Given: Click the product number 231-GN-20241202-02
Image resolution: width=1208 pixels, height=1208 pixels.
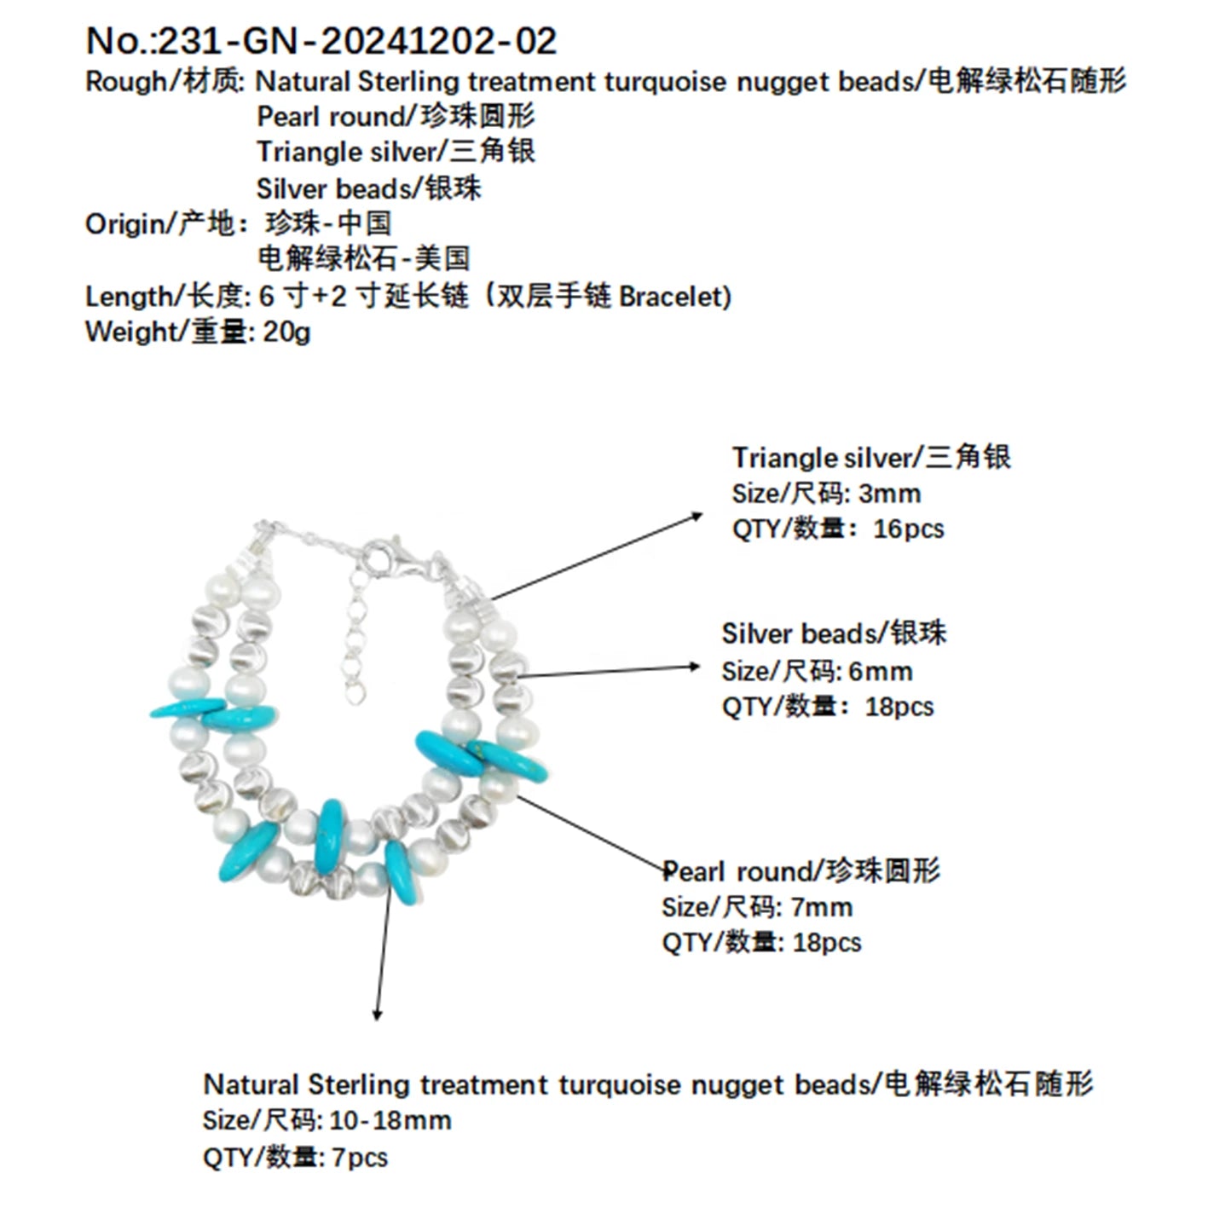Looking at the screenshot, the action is [357, 42].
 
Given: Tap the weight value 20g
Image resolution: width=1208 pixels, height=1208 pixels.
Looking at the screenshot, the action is [286, 332].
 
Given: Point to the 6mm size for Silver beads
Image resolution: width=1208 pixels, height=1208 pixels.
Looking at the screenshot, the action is [880, 672].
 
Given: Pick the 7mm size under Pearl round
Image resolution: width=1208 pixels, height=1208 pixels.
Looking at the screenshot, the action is [821, 907].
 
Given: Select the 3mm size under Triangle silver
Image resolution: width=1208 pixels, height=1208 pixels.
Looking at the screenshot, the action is [889, 494].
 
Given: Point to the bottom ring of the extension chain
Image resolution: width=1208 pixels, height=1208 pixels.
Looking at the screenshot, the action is [355, 693].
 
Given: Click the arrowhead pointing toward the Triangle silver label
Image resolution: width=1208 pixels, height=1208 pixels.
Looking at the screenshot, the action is [696, 515].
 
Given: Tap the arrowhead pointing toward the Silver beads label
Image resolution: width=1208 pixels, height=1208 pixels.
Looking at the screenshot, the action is [693, 667].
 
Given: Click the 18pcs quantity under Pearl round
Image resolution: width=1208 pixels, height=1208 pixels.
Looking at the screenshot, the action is [827, 942].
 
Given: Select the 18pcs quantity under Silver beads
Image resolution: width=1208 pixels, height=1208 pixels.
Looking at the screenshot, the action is [899, 707].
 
